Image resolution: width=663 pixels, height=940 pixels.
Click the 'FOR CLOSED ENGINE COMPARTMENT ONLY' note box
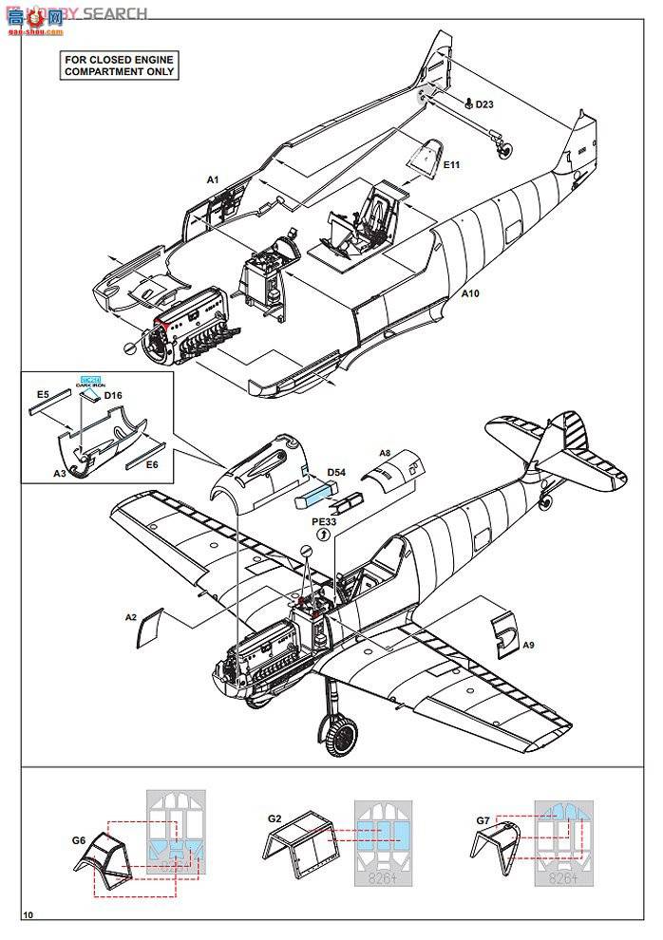(120, 66)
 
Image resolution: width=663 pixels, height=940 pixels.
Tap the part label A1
(213, 179)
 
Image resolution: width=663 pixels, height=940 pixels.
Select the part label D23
(484, 104)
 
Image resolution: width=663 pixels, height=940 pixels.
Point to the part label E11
(451, 164)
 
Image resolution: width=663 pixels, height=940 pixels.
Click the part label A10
(470, 294)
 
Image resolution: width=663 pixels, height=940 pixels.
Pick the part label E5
(42, 393)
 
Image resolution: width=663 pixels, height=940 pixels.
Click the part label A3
(59, 472)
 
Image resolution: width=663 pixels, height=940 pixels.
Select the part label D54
(335, 471)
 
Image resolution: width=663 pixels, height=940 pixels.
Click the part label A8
(386, 454)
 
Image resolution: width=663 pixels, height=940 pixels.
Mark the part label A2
(131, 616)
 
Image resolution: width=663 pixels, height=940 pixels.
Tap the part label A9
(529, 645)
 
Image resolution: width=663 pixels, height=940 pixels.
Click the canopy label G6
(79, 840)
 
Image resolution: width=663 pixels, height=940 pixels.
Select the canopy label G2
(275, 817)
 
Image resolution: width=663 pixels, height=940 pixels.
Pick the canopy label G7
(483, 819)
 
